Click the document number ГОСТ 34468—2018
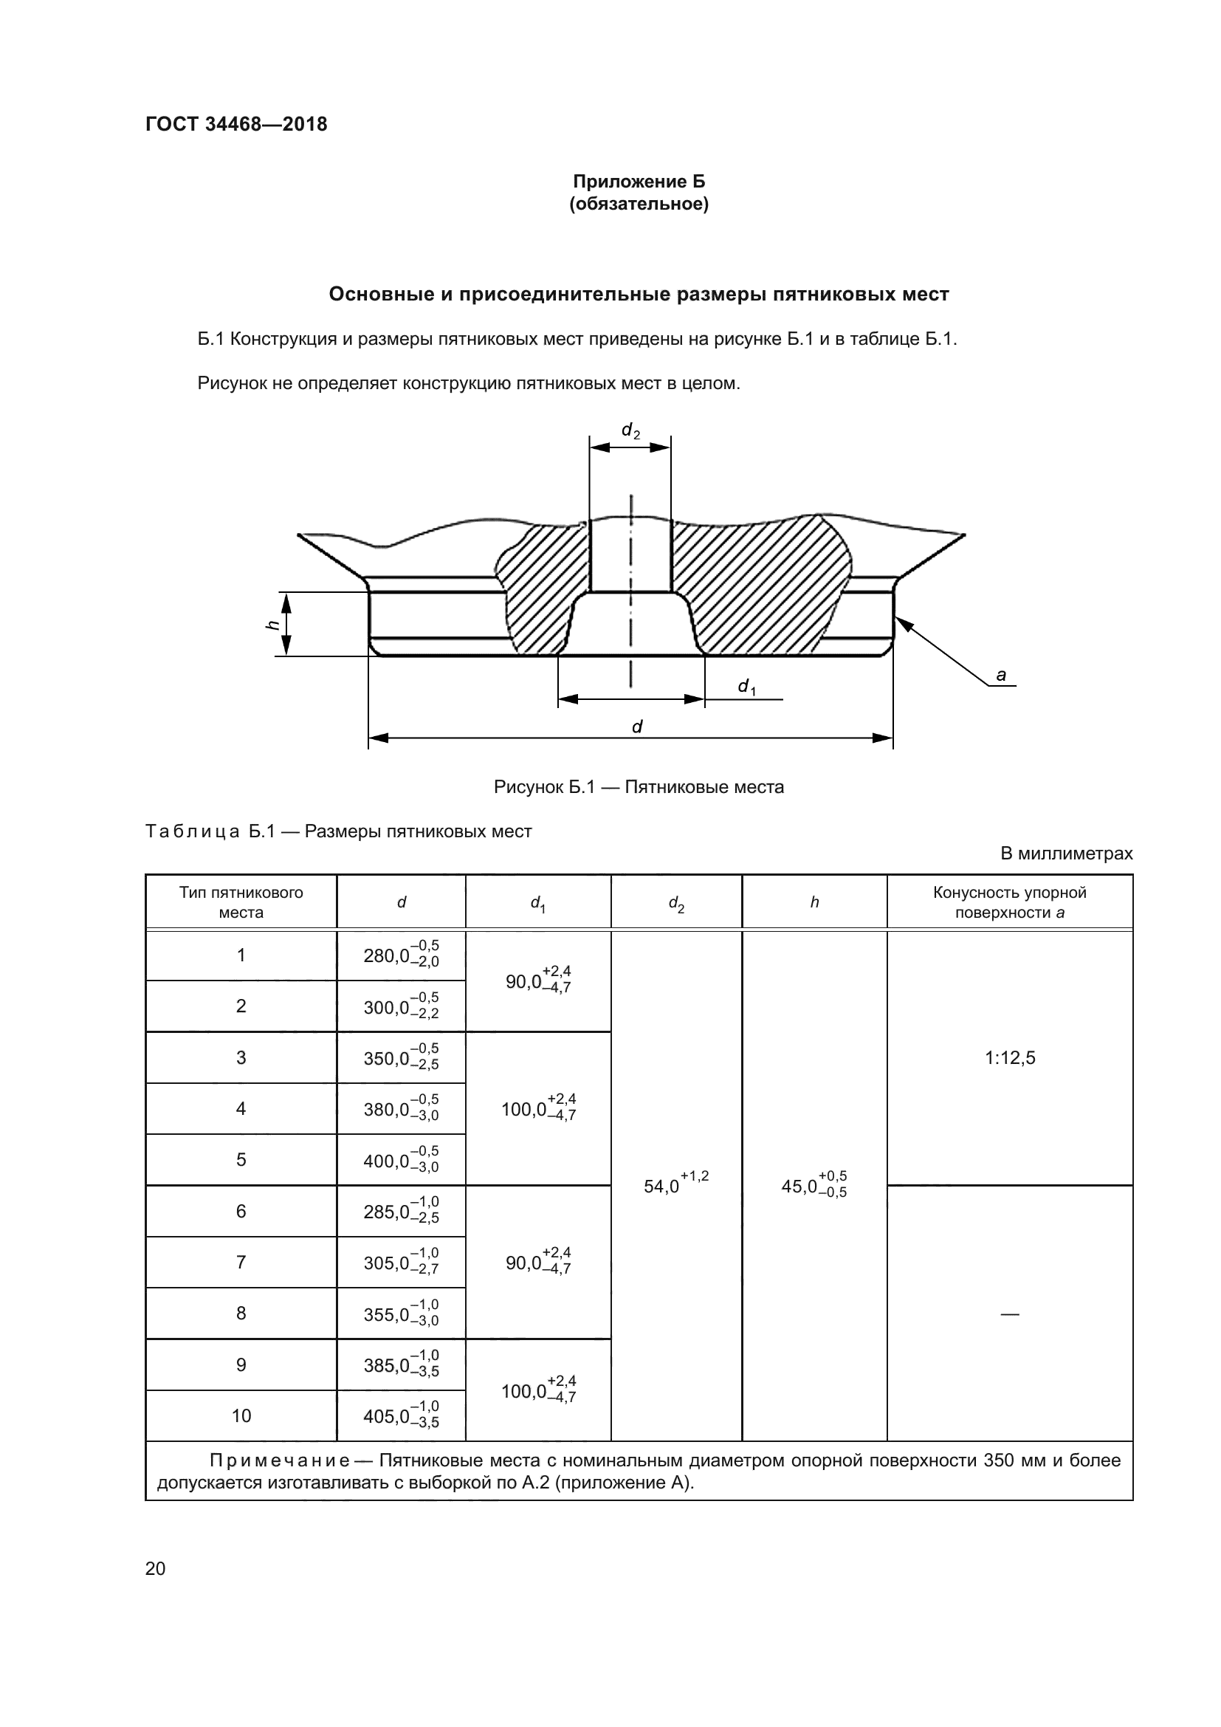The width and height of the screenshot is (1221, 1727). click(x=236, y=124)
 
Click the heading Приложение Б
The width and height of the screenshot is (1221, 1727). click(x=639, y=182)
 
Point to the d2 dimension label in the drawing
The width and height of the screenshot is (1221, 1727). click(x=630, y=430)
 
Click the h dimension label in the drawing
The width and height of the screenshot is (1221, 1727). click(x=274, y=624)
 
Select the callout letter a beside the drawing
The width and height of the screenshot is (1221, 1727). click(x=1001, y=675)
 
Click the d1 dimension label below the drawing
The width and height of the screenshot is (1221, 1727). click(x=746, y=686)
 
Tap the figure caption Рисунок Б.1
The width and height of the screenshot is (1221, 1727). click(x=639, y=787)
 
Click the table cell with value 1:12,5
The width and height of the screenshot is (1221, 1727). click(x=1009, y=1057)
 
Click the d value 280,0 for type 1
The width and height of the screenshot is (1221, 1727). click(x=401, y=955)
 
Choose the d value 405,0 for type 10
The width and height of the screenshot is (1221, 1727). click(x=401, y=1415)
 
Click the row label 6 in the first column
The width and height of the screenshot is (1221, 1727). click(x=241, y=1211)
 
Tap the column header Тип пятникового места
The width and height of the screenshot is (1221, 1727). click(x=241, y=902)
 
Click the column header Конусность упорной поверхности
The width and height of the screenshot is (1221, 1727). click(x=1009, y=902)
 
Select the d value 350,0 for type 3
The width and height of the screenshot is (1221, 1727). click(x=401, y=1057)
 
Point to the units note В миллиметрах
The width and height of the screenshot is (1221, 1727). click(x=1065, y=854)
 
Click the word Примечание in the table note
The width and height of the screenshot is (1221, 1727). click(x=279, y=1460)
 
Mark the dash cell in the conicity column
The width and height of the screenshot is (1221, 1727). click(x=1009, y=1314)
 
